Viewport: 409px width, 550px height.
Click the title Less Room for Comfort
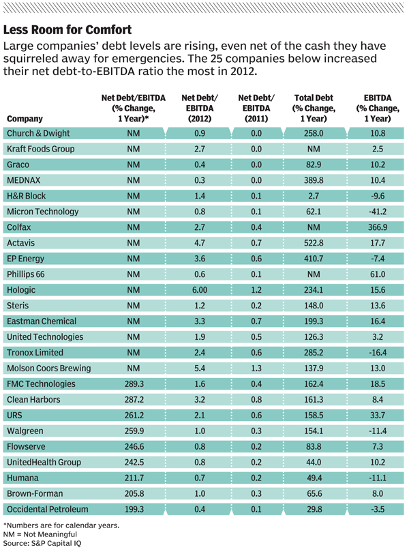tap(67, 30)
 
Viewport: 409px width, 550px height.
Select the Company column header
tap(25, 119)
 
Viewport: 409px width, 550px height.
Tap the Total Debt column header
tap(314, 108)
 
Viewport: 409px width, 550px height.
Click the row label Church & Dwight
tap(38, 133)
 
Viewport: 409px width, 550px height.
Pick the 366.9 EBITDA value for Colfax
tap(378, 227)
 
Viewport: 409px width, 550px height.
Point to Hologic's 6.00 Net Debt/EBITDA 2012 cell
tap(200, 290)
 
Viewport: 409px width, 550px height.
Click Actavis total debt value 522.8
tap(314, 243)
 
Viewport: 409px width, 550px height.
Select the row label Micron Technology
tap(43, 212)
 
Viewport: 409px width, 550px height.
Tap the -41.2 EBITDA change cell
tap(378, 212)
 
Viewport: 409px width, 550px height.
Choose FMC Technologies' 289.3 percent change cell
tap(134, 384)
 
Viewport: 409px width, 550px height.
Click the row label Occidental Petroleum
tap(47, 509)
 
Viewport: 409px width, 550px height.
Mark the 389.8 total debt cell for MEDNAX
tap(314, 180)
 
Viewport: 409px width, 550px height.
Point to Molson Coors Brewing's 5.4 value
tap(200, 368)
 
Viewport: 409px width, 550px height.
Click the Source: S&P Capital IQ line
tap(42, 544)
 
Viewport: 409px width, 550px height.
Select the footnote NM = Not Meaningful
tap(40, 534)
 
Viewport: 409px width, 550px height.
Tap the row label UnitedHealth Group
tap(44, 462)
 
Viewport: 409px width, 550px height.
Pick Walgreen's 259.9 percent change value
tap(134, 431)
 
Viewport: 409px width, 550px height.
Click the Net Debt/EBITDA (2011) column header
tap(256, 108)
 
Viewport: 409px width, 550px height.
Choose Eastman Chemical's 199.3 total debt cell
tap(314, 321)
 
